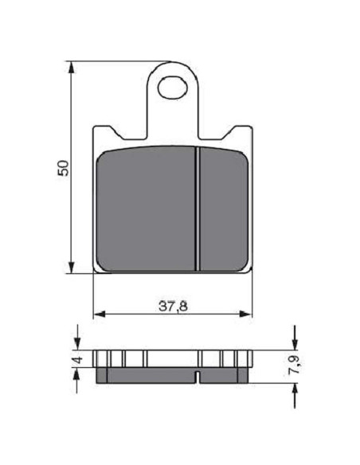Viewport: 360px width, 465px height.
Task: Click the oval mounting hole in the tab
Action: (173, 88)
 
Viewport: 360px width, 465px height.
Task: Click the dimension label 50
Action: (63, 168)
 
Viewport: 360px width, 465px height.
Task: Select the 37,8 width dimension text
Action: (173, 306)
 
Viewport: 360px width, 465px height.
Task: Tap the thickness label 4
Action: (78, 360)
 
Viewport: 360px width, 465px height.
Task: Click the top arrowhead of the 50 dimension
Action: (71, 68)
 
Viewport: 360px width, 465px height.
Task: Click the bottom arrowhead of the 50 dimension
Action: (71, 267)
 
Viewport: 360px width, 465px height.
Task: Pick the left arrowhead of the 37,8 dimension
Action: (100, 314)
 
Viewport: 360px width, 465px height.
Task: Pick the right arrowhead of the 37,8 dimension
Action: (245, 314)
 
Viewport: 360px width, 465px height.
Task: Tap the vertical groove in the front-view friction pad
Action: (198, 209)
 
